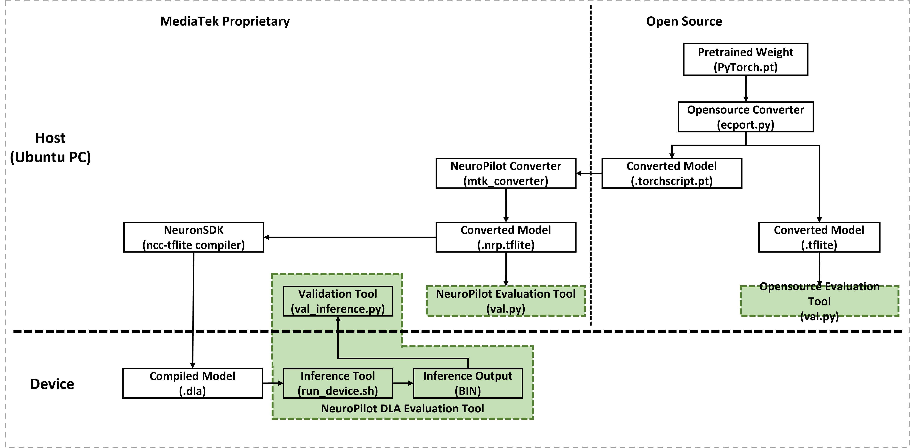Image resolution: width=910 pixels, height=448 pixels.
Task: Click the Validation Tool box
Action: [338, 301]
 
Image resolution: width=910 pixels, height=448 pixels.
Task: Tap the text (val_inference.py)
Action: [338, 309]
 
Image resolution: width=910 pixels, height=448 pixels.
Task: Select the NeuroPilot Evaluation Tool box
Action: [505, 301]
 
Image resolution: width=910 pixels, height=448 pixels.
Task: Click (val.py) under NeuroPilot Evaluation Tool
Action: [505, 309]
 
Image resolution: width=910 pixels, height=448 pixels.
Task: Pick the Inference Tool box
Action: [338, 383]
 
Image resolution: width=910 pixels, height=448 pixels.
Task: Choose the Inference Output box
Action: [468, 383]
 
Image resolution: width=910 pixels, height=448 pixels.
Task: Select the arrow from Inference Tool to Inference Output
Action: [403, 383]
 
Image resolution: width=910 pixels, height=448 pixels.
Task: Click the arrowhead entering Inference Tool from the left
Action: [281, 383]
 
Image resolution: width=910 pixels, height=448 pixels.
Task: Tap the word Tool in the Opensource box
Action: [819, 302]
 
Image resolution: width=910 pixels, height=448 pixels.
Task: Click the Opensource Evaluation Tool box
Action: [819, 301]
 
